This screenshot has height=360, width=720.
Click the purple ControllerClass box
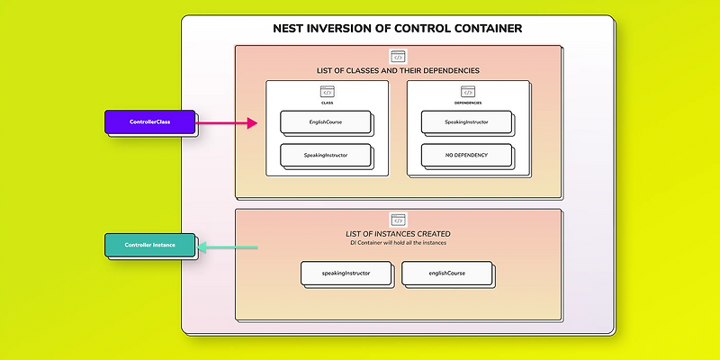pos(149,121)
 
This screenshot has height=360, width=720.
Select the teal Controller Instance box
pos(149,245)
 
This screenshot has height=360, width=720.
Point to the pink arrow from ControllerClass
pos(227,123)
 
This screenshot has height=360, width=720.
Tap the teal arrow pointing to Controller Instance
pos(228,247)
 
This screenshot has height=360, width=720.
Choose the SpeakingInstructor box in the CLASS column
pos(325,155)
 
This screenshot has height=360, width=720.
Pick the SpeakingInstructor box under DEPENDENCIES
pos(465,121)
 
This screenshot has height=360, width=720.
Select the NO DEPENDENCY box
pos(465,155)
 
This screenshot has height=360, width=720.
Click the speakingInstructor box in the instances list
pos(346,272)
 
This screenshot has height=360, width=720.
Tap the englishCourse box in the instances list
pos(446,272)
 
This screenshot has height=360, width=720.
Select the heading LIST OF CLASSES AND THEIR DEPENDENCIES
pos(398,70)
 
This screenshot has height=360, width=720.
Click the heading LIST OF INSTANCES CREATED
pos(398,234)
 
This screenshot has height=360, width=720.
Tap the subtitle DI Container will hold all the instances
pos(398,244)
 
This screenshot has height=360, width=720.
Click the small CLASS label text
pos(327,103)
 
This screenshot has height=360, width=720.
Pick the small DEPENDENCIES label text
pos(467,103)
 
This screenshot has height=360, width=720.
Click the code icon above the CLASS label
pos(327,92)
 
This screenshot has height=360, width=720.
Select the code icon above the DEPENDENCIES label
pos(467,92)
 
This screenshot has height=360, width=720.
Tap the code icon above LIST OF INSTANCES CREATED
pos(398,220)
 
